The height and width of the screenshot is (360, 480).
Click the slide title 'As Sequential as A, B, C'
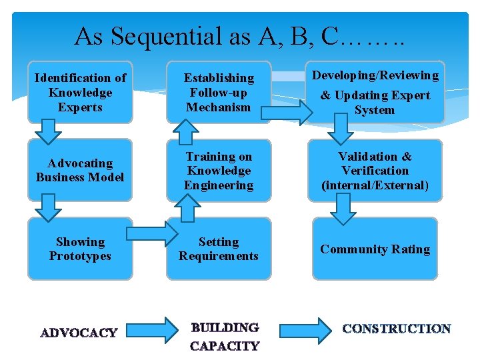239,36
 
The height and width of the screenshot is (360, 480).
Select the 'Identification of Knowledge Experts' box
80,93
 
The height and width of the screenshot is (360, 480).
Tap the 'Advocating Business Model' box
80,170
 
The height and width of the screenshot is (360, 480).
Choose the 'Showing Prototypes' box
80,249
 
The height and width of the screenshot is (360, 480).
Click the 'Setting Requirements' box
219,249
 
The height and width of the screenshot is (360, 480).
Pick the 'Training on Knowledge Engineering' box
219,171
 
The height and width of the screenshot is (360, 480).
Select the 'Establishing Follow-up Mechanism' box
219,93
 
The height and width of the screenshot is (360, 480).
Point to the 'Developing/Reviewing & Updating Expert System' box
375,93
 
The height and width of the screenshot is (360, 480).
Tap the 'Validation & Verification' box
375,171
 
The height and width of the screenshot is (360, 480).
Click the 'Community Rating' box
375,249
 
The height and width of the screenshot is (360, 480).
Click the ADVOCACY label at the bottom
79,333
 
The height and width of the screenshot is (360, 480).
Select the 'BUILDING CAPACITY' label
225,337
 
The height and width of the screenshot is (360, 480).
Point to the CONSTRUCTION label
397,329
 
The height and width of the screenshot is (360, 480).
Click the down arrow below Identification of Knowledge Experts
47,131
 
